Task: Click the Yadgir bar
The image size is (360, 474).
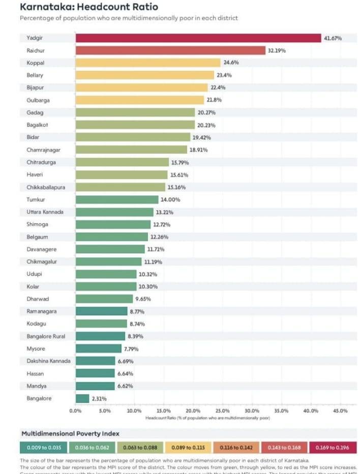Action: click(x=198, y=38)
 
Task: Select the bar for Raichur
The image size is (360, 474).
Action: click(x=170, y=50)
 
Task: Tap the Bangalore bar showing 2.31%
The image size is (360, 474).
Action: click(x=82, y=398)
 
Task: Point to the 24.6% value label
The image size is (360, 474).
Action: click(x=231, y=63)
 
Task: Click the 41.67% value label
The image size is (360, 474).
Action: click(x=333, y=38)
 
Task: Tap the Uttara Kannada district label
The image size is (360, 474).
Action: click(x=45, y=212)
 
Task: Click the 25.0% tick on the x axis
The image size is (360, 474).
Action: click(x=222, y=410)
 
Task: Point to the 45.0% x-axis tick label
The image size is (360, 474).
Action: click(x=340, y=410)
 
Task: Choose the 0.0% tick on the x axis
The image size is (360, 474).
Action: click(x=75, y=410)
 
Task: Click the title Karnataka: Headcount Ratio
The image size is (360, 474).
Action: click(x=88, y=7)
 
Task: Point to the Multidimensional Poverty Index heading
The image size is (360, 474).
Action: click(x=70, y=433)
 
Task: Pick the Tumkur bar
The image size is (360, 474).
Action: click(x=117, y=199)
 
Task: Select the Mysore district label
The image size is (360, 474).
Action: click(x=36, y=348)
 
